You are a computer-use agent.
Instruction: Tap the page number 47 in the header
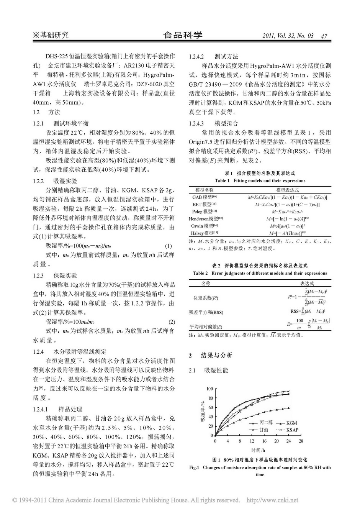324,36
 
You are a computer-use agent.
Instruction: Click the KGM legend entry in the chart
291,423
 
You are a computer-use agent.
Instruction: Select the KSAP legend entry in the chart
293,430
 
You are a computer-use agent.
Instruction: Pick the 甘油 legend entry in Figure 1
264,430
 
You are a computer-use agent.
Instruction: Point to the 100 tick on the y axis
209,389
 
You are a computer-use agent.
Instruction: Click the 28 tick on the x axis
301,441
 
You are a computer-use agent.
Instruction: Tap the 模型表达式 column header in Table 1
287,190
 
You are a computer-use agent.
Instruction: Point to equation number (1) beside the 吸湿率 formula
168,246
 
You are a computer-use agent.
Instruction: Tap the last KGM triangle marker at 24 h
288,408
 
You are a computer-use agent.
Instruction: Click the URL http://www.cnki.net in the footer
272,500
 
